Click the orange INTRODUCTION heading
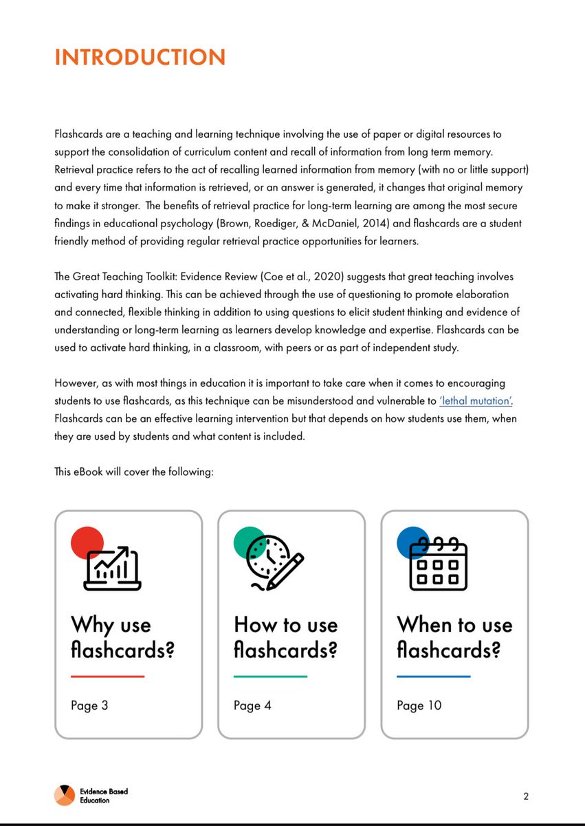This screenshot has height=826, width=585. [x=140, y=57]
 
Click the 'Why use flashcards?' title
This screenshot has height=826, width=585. [x=122, y=637]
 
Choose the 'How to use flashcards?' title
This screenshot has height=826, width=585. [x=286, y=637]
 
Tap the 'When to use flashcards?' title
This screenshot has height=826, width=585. [x=454, y=637]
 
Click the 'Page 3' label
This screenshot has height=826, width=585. [x=89, y=706]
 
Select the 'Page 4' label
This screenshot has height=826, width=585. [x=252, y=706]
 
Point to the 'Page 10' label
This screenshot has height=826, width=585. [x=419, y=706]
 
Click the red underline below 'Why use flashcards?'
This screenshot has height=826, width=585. [x=107, y=677]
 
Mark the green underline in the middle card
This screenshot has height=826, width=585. [x=270, y=677]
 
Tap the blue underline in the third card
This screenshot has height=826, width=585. [x=433, y=677]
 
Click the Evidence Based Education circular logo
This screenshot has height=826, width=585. [x=65, y=796]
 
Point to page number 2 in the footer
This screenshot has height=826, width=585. [x=526, y=797]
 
